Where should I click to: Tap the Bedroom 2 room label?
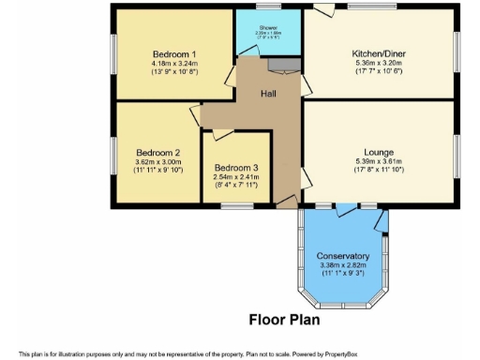point(157,152)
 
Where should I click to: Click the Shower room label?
point(268,27)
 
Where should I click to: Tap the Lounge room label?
point(379,151)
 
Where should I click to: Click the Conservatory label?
point(342,256)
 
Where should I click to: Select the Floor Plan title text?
point(284,319)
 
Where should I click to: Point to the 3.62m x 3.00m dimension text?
point(157,161)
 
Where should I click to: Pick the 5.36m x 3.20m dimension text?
point(378,64)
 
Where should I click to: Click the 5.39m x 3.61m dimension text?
point(379,160)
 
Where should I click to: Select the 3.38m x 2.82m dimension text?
point(342,265)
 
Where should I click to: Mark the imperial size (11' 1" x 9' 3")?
point(342,274)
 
